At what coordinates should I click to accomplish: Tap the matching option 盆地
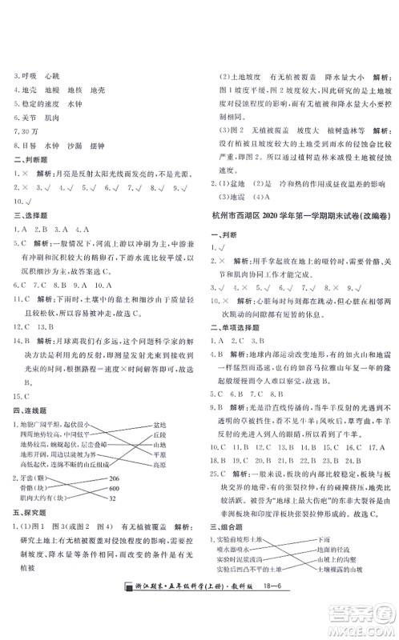[159, 425]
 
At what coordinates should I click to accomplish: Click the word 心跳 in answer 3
[53, 76]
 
